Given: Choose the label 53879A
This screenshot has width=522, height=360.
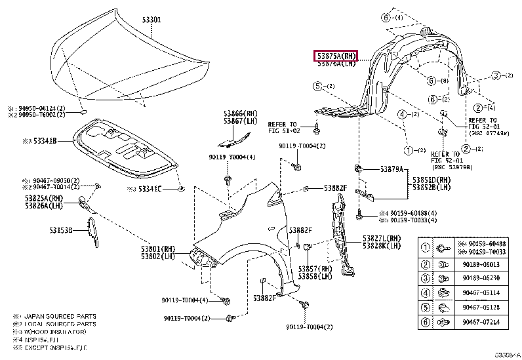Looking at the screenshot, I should point(393,169).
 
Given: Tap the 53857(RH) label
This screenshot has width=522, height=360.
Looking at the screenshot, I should point(316,270).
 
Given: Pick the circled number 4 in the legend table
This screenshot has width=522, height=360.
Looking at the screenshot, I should point(425,293).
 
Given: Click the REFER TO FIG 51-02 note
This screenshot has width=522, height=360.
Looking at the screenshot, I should point(284,127).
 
